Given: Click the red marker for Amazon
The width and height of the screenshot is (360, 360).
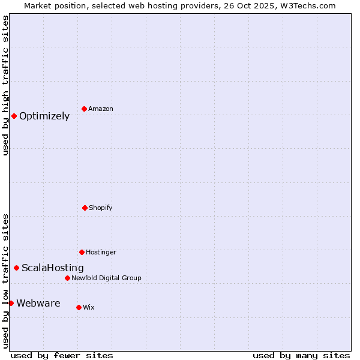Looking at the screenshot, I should coord(84,109).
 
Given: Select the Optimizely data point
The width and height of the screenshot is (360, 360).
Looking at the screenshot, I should coord(14,116).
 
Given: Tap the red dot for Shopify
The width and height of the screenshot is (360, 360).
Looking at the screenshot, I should coord(85,208).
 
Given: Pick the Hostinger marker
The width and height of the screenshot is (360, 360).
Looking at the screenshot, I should coord(82,252).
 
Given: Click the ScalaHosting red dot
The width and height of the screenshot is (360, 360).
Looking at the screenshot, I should coord(16,268).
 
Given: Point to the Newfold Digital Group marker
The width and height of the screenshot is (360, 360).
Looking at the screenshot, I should coord(67,278).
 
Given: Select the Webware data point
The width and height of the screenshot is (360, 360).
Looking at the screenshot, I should coord(11,303).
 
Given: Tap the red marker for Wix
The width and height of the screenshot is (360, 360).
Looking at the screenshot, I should coord(79,307).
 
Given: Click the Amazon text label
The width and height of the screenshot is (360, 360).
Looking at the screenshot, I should coord(101,109).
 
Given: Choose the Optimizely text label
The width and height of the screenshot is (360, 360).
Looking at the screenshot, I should coord(44,116).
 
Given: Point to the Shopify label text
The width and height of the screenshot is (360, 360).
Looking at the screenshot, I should coord(101,208).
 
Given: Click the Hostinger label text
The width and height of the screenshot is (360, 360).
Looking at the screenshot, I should coord(101,252).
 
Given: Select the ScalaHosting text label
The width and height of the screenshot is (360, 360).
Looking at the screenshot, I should coord(53,268).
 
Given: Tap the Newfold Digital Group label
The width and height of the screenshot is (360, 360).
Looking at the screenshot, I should coord(106,278).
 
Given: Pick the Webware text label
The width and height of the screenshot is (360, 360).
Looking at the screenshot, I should coord(38,304).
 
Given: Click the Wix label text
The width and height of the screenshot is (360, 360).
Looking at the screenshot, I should coord(89,307).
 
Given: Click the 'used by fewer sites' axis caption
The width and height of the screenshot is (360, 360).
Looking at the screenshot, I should coord(62,355).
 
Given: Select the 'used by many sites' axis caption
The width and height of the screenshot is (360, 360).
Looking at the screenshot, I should coord(301,355).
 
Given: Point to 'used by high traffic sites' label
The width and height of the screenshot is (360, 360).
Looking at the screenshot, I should coord(5,85).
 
